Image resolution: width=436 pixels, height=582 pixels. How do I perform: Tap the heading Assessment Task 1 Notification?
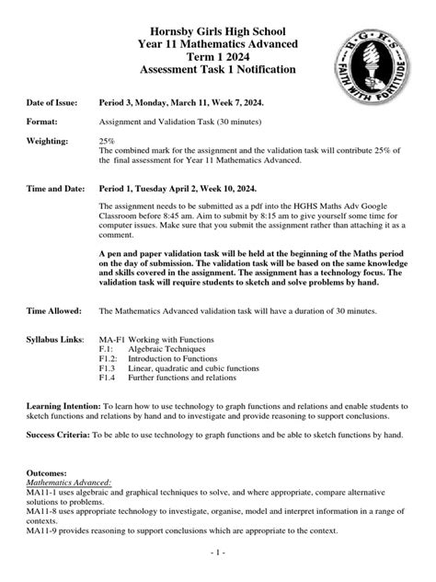[218, 70]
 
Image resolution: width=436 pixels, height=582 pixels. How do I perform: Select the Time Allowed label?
[56, 311]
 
